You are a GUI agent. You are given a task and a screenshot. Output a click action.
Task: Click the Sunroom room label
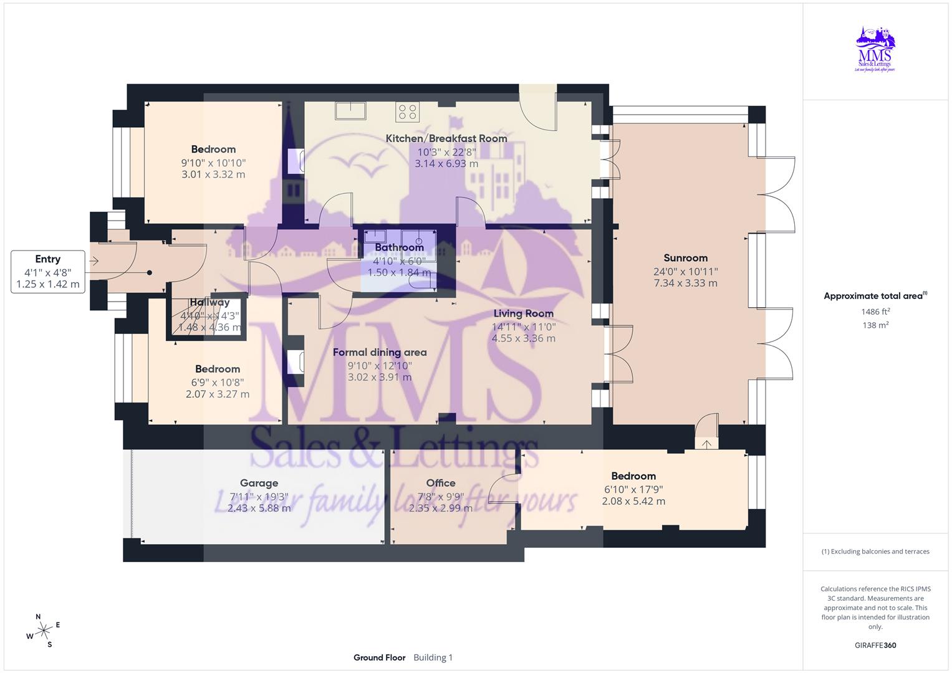coord(685,258)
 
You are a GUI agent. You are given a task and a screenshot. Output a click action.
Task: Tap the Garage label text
coord(259,483)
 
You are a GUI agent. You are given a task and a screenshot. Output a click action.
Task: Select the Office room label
coord(441,483)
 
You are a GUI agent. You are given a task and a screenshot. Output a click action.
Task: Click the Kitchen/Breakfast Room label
coord(446,138)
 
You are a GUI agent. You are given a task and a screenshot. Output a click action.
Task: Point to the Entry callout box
coord(48,272)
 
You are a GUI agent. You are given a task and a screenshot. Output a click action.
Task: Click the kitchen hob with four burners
coord(407,112)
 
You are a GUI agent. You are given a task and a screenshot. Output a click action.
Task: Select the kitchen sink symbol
coord(350,111)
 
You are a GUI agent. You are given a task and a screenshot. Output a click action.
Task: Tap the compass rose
coord(43,631)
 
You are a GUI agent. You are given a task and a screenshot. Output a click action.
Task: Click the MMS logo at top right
coord(875,50)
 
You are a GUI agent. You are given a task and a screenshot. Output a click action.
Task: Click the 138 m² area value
coord(875,325)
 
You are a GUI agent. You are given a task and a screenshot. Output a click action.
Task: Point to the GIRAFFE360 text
coord(875,645)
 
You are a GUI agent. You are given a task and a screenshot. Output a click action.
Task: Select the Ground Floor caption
coord(379,657)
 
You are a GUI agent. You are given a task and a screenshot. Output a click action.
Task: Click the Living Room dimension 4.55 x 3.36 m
coord(523,338)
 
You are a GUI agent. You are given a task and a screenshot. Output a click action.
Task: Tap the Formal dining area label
coord(380,352)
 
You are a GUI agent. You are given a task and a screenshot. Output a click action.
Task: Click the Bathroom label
coord(399,247)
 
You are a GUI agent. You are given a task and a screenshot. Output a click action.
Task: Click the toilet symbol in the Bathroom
coord(416,282)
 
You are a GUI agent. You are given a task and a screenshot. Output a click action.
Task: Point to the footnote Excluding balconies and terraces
coord(875,551)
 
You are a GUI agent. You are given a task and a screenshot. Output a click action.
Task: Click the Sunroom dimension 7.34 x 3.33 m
coord(685,283)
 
